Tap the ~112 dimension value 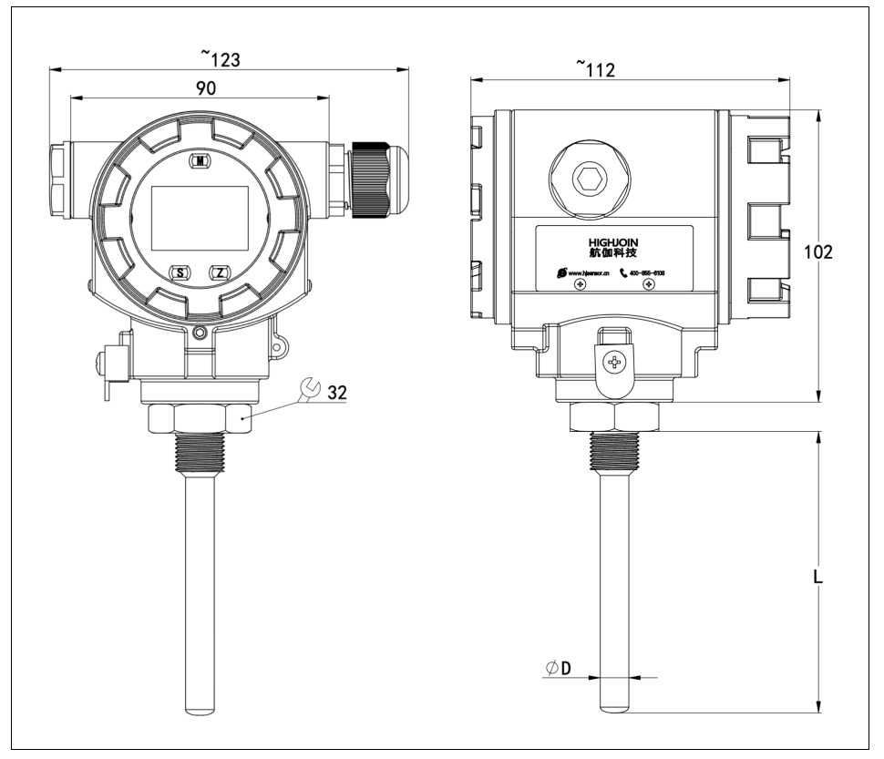coord(597,68)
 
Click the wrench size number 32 coord(335,393)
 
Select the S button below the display coord(180,272)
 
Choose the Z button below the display coord(221,272)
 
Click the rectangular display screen coord(200,217)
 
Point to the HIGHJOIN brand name coord(616,241)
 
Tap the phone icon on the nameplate coord(623,272)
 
